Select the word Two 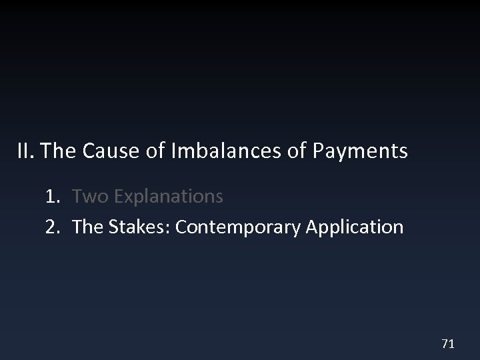[x=88, y=197]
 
